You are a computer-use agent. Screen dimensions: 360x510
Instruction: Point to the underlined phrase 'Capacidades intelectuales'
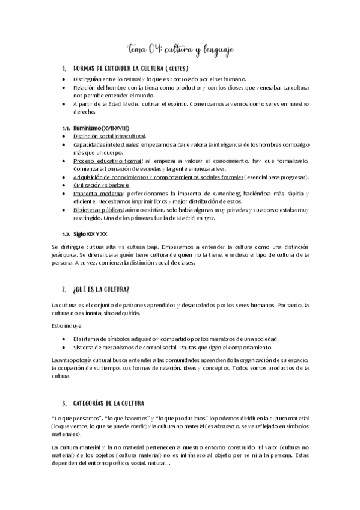(x=106, y=145)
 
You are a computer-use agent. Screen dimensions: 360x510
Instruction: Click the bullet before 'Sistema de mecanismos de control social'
(x=64, y=348)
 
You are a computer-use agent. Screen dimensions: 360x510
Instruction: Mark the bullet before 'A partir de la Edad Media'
(x=64, y=104)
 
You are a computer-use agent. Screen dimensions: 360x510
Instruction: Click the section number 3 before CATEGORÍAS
(x=64, y=403)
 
